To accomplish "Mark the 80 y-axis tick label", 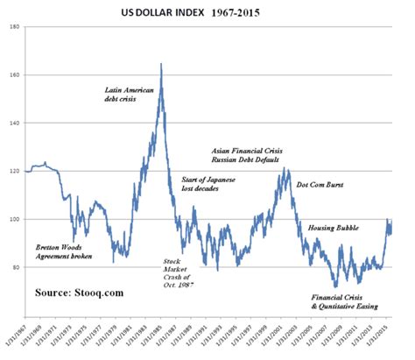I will (17, 268).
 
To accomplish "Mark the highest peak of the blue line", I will (161, 64).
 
